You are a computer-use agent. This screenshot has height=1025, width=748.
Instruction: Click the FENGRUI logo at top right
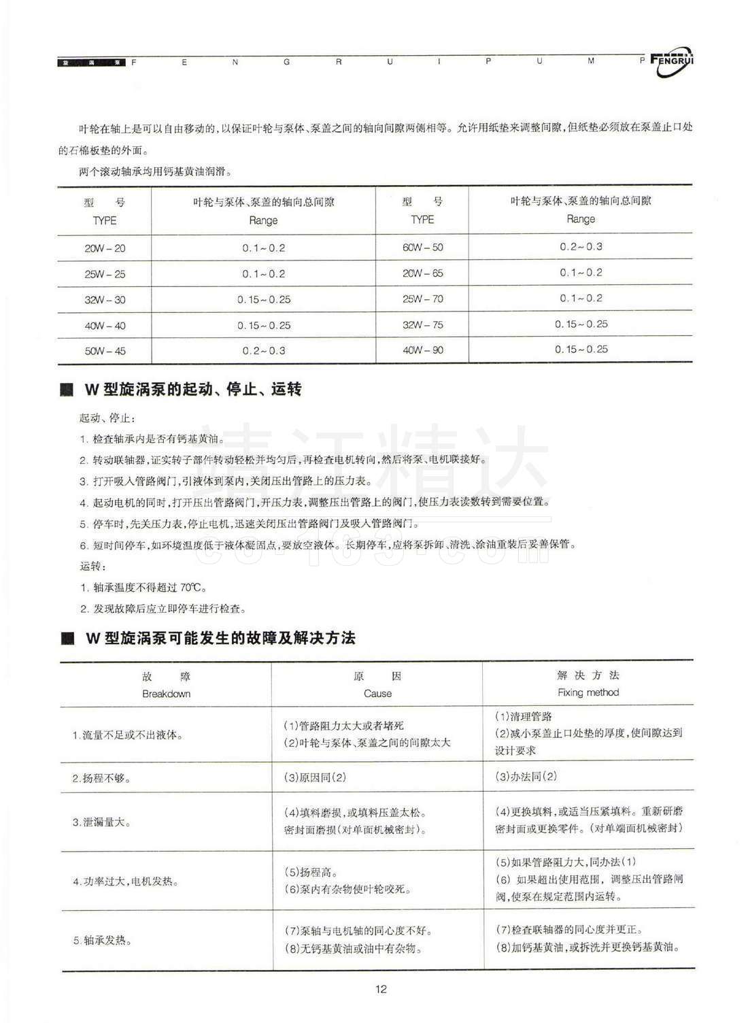coord(672,63)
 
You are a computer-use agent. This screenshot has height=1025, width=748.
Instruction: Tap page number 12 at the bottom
coord(381,989)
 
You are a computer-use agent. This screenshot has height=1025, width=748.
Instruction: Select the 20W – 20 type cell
coord(105,248)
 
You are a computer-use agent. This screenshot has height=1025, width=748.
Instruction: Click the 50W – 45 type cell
coord(105,351)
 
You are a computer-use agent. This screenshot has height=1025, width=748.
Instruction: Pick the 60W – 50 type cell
coord(422,248)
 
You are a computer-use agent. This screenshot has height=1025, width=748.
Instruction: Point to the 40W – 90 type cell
coord(422,350)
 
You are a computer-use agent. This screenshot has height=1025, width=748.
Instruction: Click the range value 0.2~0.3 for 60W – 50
coord(581,246)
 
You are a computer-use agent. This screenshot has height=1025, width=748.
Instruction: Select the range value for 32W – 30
coord(264,299)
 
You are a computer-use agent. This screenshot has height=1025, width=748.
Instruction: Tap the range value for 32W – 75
coord(581,324)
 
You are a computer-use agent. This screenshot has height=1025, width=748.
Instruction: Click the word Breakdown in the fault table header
coord(166,694)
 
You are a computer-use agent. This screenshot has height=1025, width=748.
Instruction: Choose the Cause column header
coord(377,694)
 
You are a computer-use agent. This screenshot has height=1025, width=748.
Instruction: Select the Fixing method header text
coord(588,692)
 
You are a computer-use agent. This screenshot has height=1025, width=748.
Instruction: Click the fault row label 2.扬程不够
coord(102,777)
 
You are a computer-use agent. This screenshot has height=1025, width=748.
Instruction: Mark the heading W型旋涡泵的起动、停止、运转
coord(192,390)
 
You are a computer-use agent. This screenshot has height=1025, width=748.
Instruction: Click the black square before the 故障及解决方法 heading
coord(67,639)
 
